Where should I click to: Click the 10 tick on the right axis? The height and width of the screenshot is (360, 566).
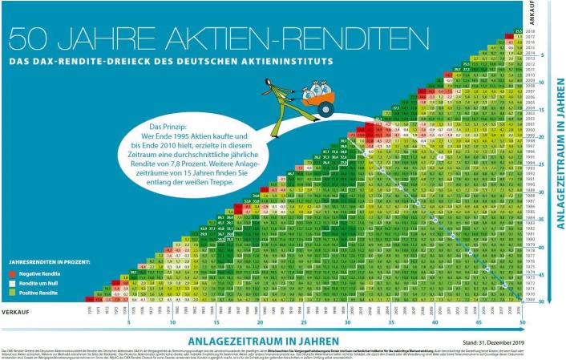pyautogui.click(x=543, y=83)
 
